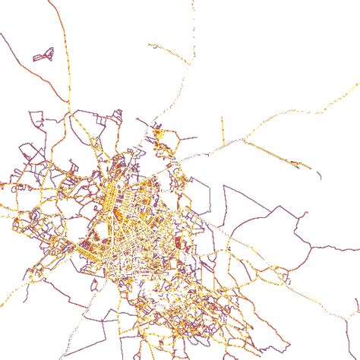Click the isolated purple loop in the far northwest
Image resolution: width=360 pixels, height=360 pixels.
(x=44, y=55)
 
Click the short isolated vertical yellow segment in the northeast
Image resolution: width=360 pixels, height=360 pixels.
(x=223, y=129)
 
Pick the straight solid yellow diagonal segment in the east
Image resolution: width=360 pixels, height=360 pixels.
(x=270, y=151)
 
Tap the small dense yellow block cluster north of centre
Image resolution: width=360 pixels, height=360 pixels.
(x=159, y=136)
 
